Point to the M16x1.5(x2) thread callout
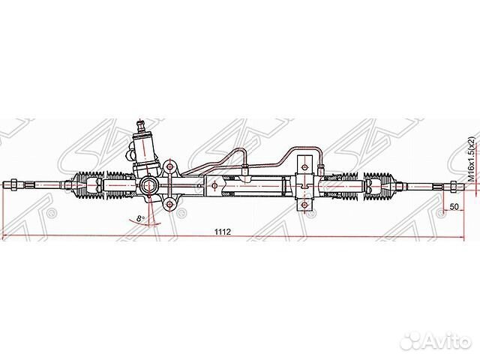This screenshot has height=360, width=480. tap(471, 160)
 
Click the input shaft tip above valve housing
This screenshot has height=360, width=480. tap(140, 120)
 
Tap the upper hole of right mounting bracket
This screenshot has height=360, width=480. tap(304, 160)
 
